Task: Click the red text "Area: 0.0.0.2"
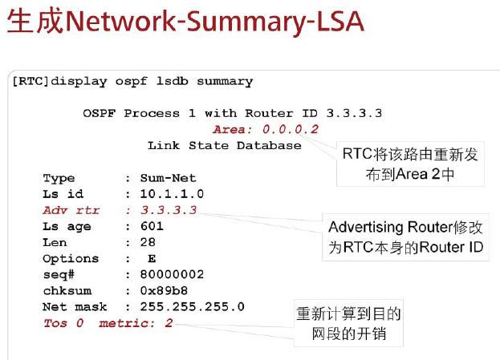click(266, 129)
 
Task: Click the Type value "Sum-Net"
click(168, 178)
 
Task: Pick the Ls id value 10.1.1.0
click(172, 194)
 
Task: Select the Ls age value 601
click(152, 226)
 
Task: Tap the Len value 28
click(148, 242)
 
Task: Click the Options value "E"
click(152, 258)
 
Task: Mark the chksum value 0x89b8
click(164, 290)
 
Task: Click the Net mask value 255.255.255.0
click(192, 306)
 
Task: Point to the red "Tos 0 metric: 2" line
click(108, 323)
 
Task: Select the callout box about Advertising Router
click(406, 237)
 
